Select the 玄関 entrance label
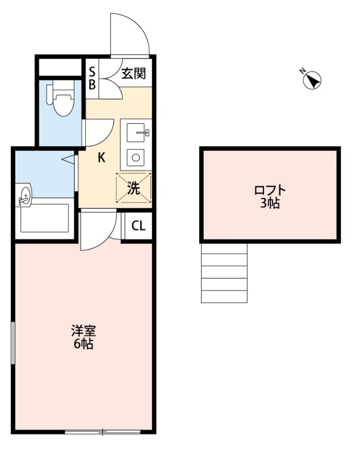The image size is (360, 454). pos(133,73)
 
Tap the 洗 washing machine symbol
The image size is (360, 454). pos(134,188)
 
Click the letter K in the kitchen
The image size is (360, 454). pos(101,158)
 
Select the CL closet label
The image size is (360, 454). pos(138,226)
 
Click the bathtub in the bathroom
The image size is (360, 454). pos(44,218)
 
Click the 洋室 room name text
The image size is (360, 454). pos(82,331)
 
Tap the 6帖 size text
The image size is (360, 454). pos(82,343)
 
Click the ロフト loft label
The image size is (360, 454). pos(270,191)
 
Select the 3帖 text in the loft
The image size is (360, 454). pos(270,203)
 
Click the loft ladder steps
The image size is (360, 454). pos(224,273)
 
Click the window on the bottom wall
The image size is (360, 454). pos(102,432)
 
